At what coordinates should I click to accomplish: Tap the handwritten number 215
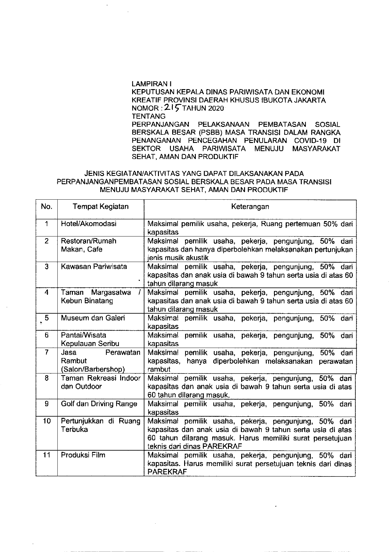171,108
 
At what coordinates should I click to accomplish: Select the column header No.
47,207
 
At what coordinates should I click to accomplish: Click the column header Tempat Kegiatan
101,207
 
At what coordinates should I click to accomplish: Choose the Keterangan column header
250,207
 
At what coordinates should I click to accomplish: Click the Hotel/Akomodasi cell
89,224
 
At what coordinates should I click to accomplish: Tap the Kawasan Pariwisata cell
94,266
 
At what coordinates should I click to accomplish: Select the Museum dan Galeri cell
93,318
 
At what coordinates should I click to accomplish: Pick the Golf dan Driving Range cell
99,404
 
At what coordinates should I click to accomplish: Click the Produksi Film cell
83,455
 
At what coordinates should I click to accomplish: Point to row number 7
47,352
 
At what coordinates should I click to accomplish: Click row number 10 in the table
47,421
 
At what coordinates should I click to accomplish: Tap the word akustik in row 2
196,258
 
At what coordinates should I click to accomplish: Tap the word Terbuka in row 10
74,429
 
